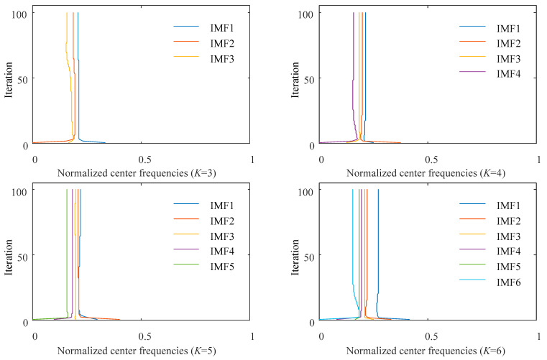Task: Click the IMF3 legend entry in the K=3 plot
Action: tap(204, 57)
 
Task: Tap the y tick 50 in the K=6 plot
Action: tap(311, 255)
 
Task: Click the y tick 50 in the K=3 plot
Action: tap(25, 78)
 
